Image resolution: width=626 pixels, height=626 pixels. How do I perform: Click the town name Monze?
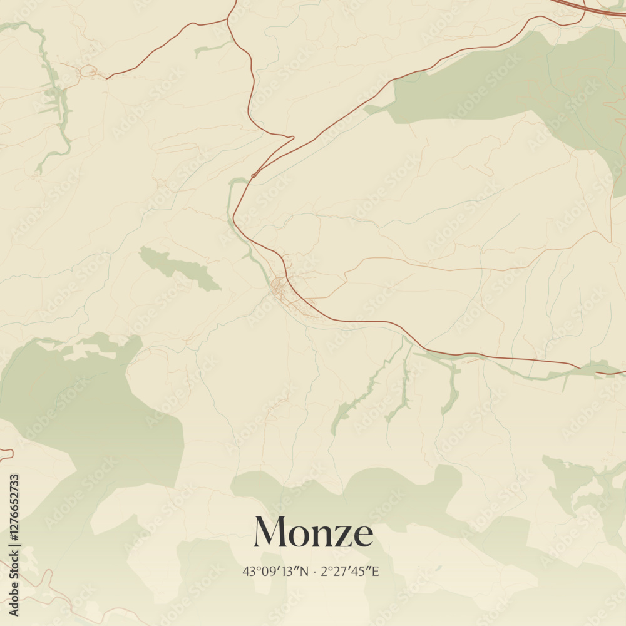point(313,533)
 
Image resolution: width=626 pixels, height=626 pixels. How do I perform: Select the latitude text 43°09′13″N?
point(275,571)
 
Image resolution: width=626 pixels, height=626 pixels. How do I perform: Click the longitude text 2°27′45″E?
point(350,571)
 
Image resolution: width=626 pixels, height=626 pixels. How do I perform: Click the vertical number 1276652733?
point(14,545)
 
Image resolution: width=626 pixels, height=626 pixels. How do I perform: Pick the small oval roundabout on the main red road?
point(253,176)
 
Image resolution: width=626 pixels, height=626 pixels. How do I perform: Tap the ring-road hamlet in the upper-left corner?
point(88,71)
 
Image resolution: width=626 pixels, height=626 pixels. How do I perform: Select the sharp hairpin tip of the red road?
point(292,137)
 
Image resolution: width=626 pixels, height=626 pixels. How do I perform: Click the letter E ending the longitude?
point(376,571)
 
